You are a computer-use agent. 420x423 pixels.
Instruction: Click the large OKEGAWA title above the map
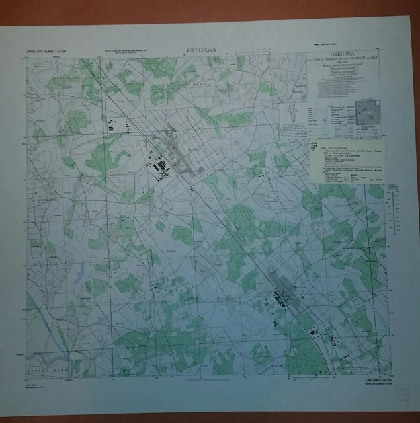(x=201, y=50)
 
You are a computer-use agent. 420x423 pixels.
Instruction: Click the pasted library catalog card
(x=348, y=162)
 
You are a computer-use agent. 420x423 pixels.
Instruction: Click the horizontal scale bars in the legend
(x=341, y=77)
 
